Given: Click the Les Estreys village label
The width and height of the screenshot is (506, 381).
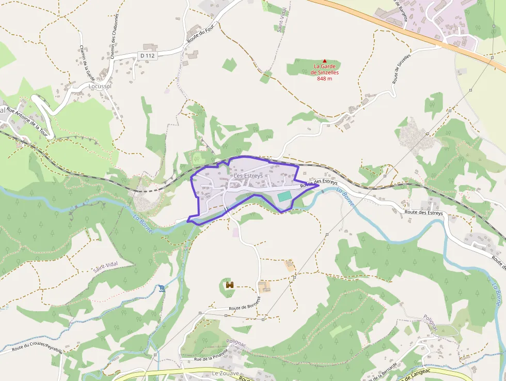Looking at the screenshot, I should tap(248, 176).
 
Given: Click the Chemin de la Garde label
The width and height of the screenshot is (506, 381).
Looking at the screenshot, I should tap(86, 63).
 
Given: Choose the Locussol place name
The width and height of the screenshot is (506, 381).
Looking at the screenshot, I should tap(100, 86).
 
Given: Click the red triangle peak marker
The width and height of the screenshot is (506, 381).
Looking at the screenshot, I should tap(324, 61).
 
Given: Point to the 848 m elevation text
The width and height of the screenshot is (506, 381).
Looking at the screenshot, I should tap(324, 79).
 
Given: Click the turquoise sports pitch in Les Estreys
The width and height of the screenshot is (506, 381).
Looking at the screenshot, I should tap(284, 196).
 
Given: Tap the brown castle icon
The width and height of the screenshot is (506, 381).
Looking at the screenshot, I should tap(230, 285).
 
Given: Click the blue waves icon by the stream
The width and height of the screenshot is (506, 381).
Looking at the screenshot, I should tap(163, 287).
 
